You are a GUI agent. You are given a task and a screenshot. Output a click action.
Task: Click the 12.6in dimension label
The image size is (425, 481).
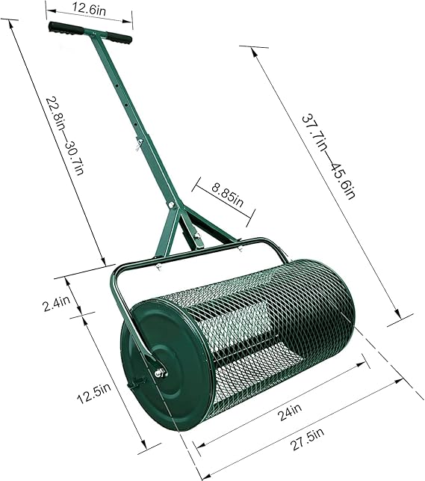89,9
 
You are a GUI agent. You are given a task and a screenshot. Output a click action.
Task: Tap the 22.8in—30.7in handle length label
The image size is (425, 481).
64,136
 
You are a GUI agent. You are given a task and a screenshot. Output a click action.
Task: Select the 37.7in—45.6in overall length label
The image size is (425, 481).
329,157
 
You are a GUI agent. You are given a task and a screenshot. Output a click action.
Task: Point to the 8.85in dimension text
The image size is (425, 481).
227,195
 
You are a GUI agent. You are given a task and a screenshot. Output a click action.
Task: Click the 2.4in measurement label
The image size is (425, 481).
57,304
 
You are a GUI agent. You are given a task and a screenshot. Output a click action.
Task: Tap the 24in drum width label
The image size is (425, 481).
290,412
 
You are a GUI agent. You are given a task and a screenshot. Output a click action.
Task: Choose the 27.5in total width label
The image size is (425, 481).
308,440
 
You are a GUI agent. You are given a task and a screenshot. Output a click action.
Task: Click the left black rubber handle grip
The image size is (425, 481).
66,28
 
